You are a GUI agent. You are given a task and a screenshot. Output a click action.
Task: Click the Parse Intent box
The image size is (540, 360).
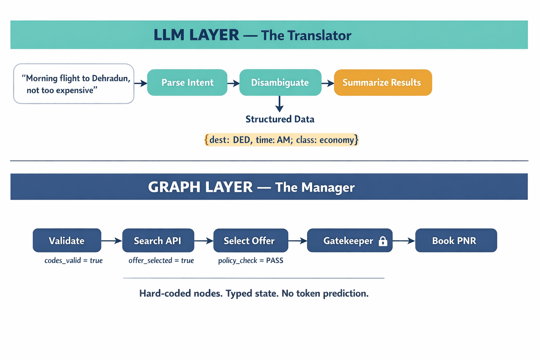point(187,83)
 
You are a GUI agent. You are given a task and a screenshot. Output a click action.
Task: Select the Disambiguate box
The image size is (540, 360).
point(280,83)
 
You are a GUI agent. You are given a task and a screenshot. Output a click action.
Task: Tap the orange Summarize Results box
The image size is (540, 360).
point(382,83)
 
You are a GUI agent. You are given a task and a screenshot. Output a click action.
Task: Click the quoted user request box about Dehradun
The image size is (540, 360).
point(74,84)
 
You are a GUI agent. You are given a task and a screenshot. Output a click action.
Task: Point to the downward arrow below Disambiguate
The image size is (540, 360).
point(279,104)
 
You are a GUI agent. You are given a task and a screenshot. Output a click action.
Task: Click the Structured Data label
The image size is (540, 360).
point(280,119)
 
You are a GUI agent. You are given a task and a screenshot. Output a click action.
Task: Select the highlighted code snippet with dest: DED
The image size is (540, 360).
point(282,140)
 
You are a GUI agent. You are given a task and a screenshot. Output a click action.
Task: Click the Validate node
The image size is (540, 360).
point(67,240)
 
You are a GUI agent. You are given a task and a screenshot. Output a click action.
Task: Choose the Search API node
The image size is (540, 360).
point(158,240)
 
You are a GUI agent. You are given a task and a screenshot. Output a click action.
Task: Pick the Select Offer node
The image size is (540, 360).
point(250,240)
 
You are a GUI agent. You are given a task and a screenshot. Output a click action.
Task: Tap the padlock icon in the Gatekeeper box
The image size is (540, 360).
point(383,241)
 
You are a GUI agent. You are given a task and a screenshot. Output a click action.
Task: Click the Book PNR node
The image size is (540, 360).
point(456,240)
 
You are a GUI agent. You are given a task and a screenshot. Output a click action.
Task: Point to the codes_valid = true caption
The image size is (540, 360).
point(73,261)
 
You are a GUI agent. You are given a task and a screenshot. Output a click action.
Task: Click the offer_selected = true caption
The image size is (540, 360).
point(161,261)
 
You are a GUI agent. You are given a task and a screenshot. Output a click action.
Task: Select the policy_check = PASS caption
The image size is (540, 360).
point(251,261)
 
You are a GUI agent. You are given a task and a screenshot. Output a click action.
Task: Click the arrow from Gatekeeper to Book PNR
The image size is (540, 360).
point(404,241)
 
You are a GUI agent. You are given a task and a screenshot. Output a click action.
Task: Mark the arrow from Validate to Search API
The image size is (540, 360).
point(111,241)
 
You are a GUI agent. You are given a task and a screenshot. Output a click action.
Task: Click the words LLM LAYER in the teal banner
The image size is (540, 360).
point(196,35)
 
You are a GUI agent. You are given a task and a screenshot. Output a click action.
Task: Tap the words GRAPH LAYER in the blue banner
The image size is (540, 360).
point(200,187)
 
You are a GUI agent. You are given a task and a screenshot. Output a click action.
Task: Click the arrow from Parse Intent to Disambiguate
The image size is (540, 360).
point(233,83)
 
